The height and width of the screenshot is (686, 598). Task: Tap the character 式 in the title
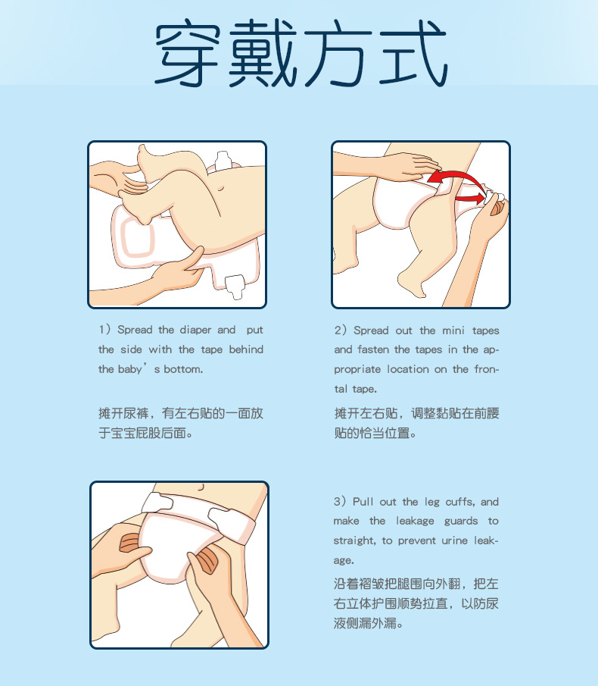pos(409,55)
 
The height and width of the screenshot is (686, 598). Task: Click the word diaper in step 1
pos(195,330)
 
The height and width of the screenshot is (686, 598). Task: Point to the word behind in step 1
pos(246,349)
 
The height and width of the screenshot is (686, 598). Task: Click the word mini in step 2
pos(453,330)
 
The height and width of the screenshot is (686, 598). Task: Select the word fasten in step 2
pos(372,349)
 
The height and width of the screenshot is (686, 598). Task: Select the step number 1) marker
pos(104,330)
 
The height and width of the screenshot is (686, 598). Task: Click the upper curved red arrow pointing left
pos(454,177)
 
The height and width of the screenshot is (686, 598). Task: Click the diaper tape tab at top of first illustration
pos(223,160)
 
